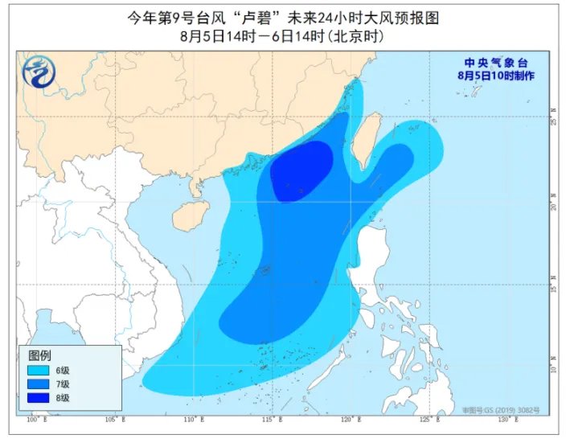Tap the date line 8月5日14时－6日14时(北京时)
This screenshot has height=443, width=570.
pos(285,36)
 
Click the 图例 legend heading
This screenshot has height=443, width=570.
pos(40,355)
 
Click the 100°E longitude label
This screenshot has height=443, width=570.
pos(34,420)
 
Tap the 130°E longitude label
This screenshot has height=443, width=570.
pos(505,420)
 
